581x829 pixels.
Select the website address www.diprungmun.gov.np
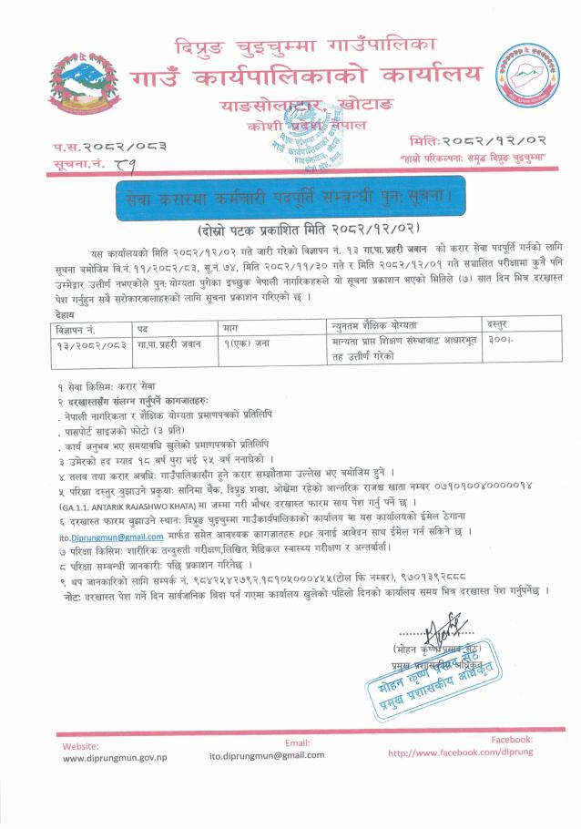click(x=115, y=758)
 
